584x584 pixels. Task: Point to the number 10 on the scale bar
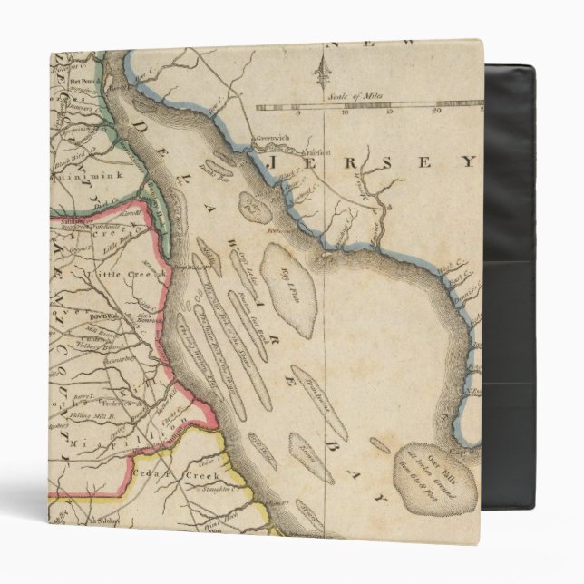click(x=344, y=113)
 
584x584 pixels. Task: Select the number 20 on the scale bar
click(x=437, y=111)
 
